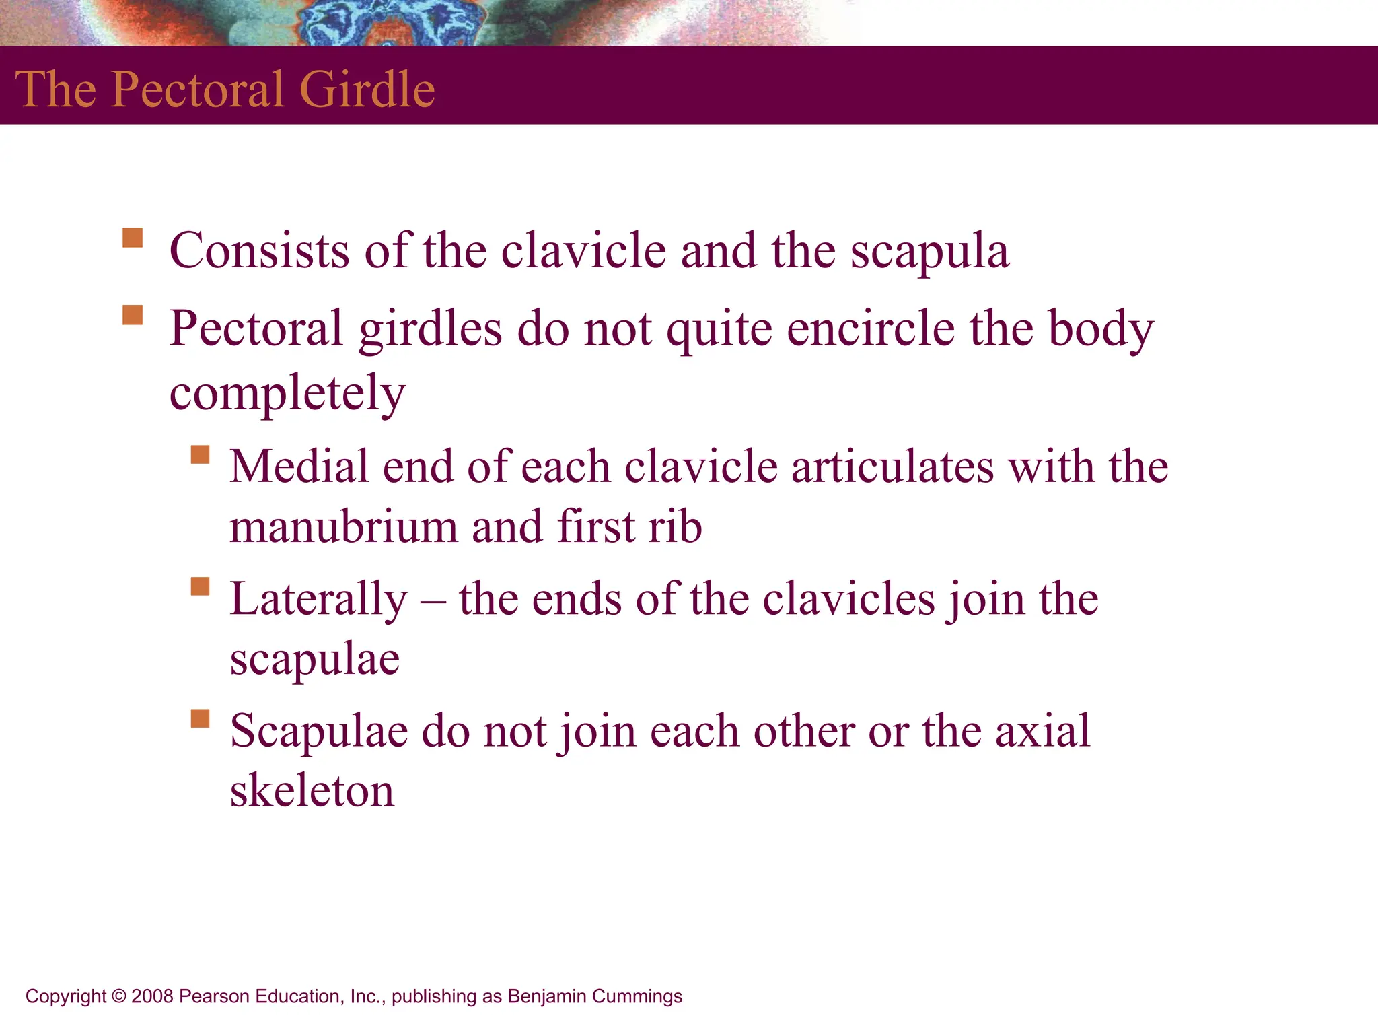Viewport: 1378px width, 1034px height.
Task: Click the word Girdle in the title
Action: [367, 89]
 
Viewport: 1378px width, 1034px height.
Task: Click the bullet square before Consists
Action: [133, 238]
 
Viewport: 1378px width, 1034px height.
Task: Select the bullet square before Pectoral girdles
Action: [133, 315]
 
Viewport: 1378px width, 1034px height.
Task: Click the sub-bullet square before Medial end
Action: [200, 454]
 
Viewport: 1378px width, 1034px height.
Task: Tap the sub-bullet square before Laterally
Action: [200, 586]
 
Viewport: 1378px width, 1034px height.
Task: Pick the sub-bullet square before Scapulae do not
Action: [200, 718]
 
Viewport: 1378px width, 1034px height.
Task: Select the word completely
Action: [287, 394]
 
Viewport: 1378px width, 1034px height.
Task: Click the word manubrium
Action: [342, 526]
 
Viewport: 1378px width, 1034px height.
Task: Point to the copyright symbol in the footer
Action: [119, 996]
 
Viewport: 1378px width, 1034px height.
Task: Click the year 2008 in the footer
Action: [152, 996]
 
